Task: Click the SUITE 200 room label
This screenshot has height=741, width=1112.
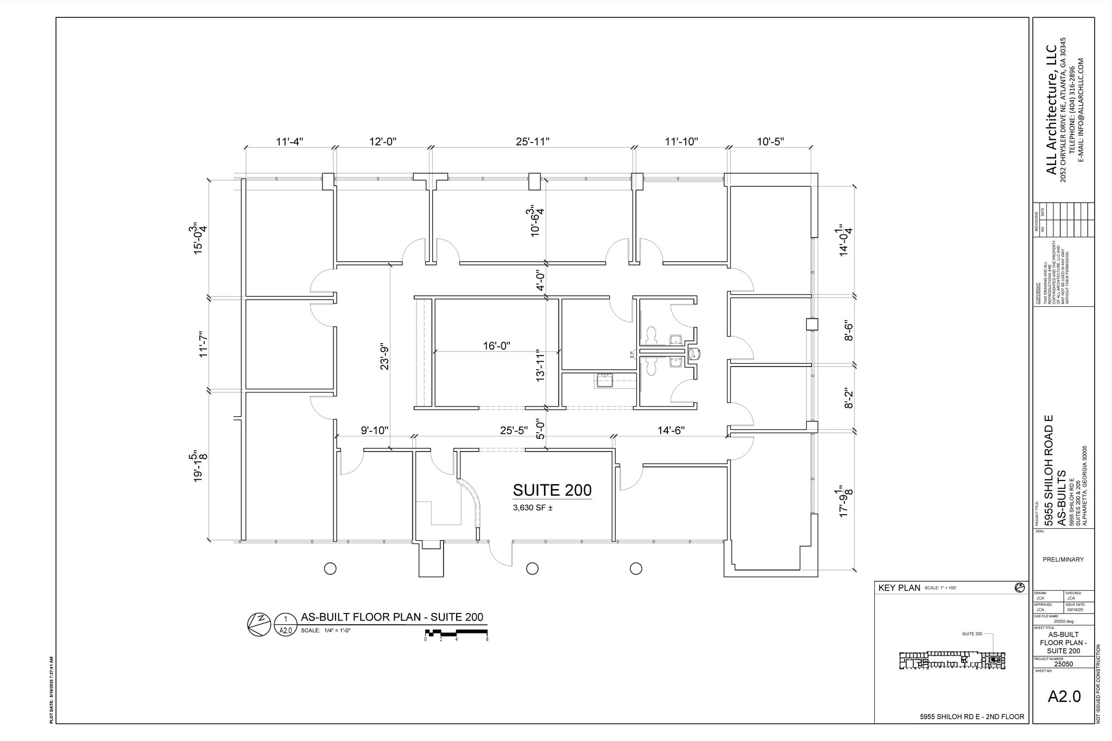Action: pos(552,490)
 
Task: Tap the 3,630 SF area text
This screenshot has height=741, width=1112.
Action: pos(533,508)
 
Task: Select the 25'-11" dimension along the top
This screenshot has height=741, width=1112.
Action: pos(533,142)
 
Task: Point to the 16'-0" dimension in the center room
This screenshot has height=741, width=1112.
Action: pos(496,346)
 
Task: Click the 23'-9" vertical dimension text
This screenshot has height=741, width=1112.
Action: pos(384,356)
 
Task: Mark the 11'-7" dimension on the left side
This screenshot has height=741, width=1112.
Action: pos(204,344)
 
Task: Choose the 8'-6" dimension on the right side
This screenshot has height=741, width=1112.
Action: pos(849,331)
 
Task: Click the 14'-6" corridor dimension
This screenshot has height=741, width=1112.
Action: pos(671,430)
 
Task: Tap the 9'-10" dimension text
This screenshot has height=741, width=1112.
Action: pos(375,430)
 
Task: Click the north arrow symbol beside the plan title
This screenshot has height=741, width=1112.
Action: pos(259,624)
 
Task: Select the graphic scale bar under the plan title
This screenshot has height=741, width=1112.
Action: pos(456,633)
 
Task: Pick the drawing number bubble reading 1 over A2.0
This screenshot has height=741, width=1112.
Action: pos(286,625)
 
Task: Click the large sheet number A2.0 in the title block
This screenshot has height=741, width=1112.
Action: pos(1064,697)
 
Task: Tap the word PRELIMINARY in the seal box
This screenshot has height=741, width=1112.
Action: pos(1063,560)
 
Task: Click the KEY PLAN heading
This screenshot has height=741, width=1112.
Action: pos(899,588)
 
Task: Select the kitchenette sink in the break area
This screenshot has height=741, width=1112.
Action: pos(604,380)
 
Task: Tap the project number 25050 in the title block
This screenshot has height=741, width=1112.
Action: pos(1063,663)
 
